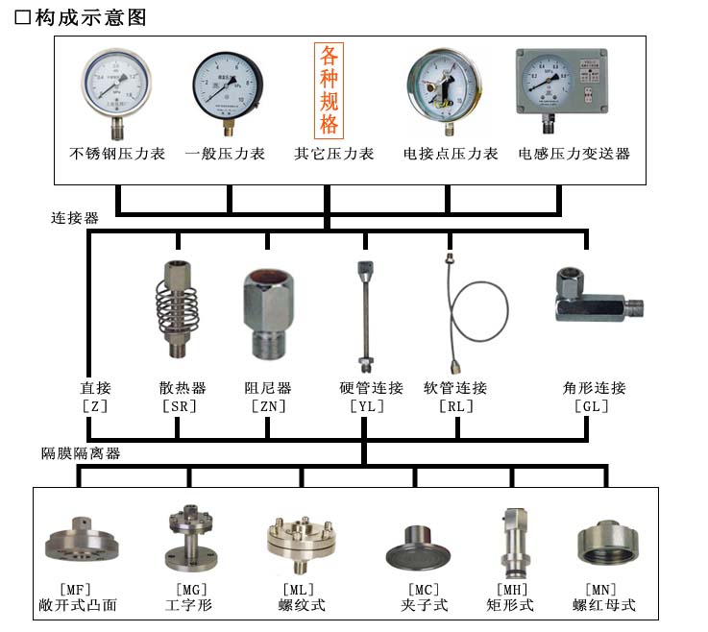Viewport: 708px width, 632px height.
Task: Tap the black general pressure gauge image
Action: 228,88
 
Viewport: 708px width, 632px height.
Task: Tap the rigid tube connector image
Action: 364,312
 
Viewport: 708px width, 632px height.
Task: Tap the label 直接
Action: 95,388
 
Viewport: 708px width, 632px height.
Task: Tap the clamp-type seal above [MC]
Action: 420,549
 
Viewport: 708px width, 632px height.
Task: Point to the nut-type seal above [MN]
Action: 605,544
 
